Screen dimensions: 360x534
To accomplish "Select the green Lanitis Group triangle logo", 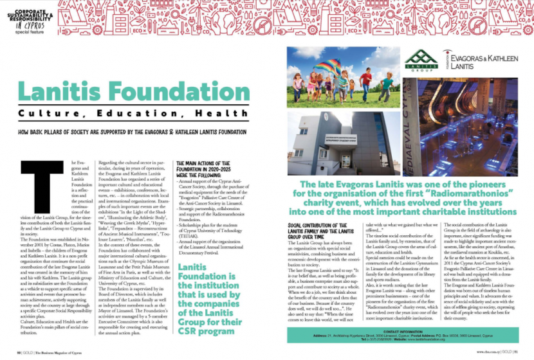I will [420, 59].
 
